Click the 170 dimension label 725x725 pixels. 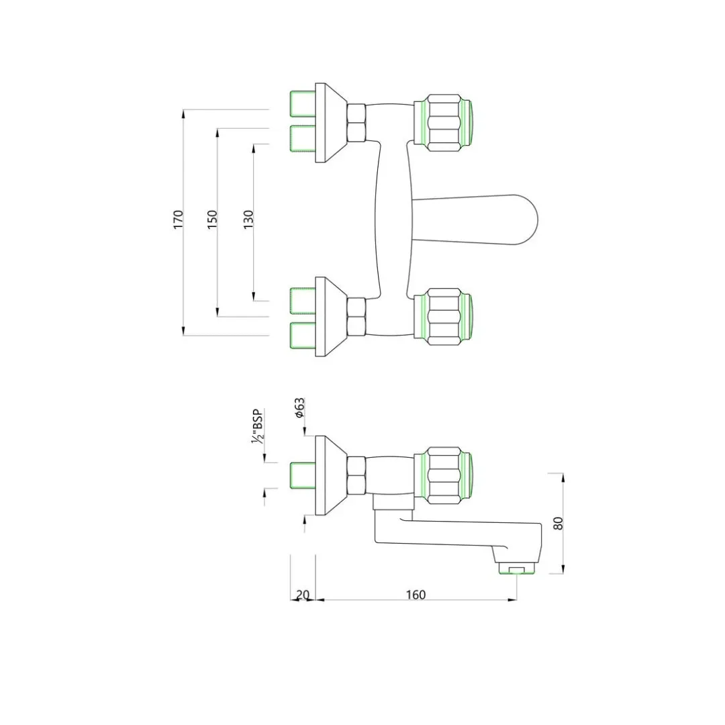[179, 219]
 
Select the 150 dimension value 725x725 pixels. [212, 219]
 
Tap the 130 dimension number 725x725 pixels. [248, 219]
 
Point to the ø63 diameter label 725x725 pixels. [299, 408]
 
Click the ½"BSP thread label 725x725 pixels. [257, 427]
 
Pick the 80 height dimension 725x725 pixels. [559, 524]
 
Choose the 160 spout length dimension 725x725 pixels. [416, 595]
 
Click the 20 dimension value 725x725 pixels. [302, 595]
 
